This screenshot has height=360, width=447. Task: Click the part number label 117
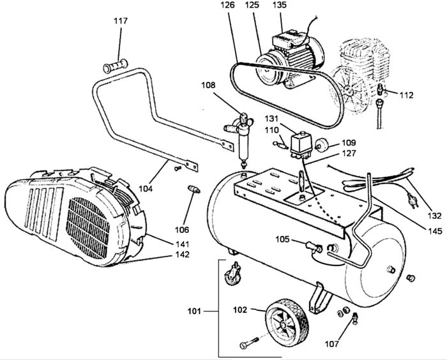click(x=121, y=21)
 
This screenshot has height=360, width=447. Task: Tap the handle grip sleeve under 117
click(x=115, y=66)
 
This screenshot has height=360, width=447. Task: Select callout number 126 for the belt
click(x=227, y=5)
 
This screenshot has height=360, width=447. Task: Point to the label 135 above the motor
click(x=280, y=5)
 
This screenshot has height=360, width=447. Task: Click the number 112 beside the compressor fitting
click(x=406, y=95)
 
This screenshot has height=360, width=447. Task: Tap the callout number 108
click(x=209, y=85)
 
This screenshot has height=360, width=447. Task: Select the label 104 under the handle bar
click(x=146, y=188)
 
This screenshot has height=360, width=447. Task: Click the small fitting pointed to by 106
click(x=194, y=190)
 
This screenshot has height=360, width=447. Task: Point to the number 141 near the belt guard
click(x=182, y=244)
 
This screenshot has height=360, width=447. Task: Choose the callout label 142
click(x=182, y=254)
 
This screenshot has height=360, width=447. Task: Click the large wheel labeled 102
click(x=287, y=323)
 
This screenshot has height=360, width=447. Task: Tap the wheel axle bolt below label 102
click(x=250, y=343)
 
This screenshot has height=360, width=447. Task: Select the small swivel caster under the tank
click(x=233, y=274)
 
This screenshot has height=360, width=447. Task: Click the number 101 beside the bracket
click(x=194, y=311)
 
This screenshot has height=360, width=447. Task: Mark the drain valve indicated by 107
click(x=356, y=319)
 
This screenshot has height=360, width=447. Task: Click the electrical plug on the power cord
click(x=412, y=200)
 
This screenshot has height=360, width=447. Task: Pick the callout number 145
click(x=434, y=230)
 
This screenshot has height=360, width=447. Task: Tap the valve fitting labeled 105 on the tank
click(x=314, y=247)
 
